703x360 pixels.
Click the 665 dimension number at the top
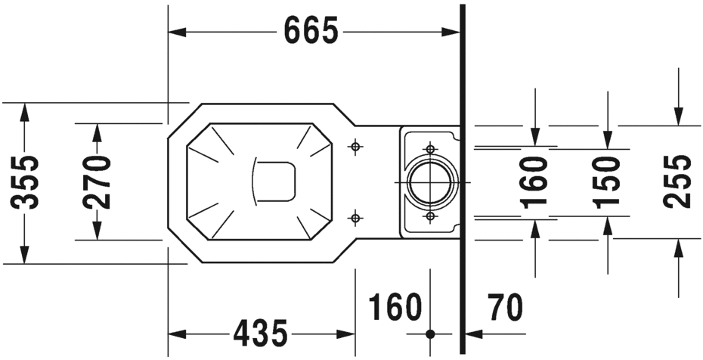click(x=311, y=31)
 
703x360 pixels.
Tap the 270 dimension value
click(x=98, y=182)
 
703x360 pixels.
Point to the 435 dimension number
click(x=261, y=333)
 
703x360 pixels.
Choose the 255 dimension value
click(x=677, y=182)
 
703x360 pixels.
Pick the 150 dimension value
click(x=606, y=182)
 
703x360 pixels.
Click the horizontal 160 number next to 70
click(x=395, y=307)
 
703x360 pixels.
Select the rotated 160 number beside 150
click(x=535, y=182)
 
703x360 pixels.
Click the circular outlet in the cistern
click(x=430, y=182)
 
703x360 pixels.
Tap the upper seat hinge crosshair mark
click(x=355, y=146)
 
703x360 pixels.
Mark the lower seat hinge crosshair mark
click(x=355, y=219)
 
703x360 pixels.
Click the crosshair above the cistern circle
click(x=430, y=148)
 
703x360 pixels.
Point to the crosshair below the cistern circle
click(x=430, y=216)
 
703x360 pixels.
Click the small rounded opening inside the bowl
click(x=274, y=182)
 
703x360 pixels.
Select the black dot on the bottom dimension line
click(x=430, y=334)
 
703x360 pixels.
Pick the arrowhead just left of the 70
click(x=473, y=334)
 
